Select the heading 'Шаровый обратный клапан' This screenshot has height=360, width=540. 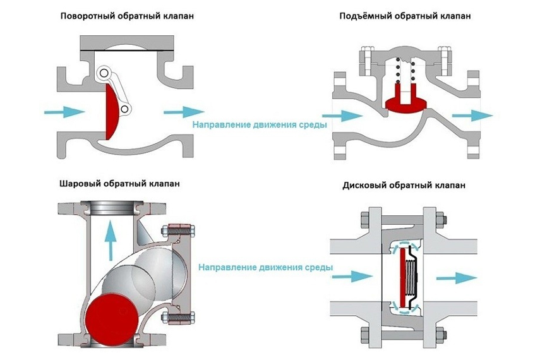point(119,184)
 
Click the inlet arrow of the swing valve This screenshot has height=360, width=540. point(64,112)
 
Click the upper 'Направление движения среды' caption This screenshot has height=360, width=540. point(260,125)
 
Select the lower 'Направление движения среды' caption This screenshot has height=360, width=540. point(265,267)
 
